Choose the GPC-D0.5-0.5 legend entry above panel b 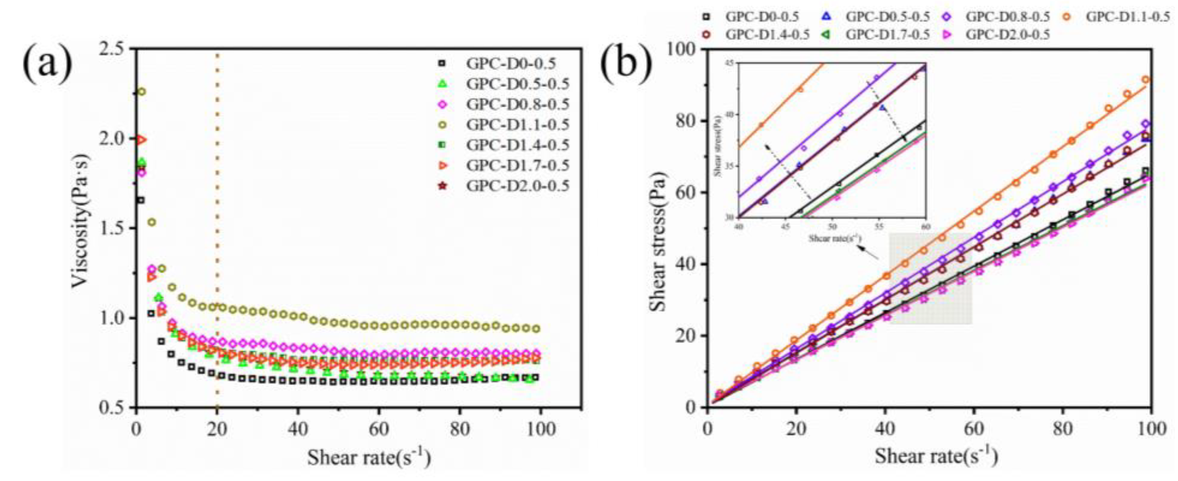[x=887, y=17]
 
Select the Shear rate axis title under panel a [x=368, y=457]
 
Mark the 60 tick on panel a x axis [x=379, y=430]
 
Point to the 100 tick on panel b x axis [x=1152, y=430]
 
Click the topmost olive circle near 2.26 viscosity [x=142, y=92]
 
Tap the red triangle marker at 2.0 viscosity [x=142, y=139]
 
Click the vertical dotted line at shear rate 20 [x=217, y=229]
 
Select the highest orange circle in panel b [x=1146, y=80]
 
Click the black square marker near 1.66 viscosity [x=141, y=200]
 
